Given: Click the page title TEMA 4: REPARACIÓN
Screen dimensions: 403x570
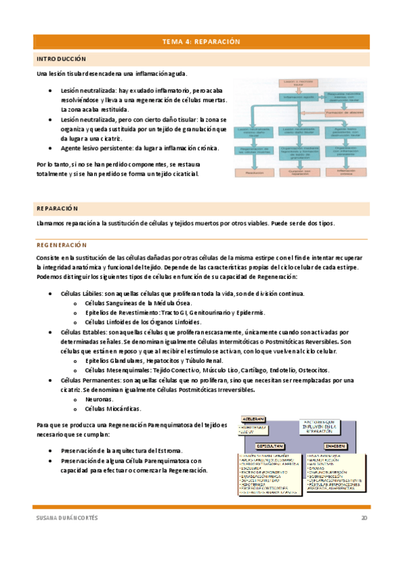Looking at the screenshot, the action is pyautogui.click(x=201, y=42).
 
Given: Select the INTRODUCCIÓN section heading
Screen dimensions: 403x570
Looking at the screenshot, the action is pyautogui.click(x=61, y=59).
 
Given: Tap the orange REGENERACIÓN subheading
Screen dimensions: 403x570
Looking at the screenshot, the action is pyautogui.click(x=62, y=245).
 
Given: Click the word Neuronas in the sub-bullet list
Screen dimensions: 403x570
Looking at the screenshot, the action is pyautogui.click(x=99, y=399).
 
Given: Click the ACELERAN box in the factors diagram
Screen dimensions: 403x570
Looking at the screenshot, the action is pyautogui.click(x=250, y=417).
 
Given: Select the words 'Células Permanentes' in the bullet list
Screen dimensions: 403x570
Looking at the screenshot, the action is pyautogui.click(x=88, y=380).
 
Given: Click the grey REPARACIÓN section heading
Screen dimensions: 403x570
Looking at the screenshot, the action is pyautogui.click(x=58, y=208).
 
